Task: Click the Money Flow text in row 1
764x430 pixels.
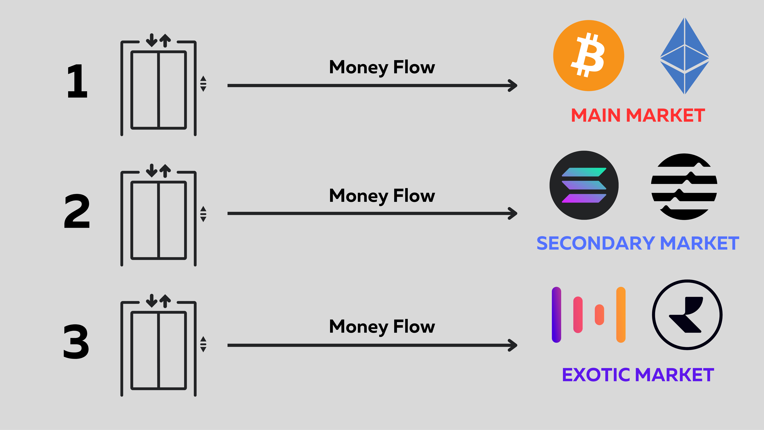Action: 382,67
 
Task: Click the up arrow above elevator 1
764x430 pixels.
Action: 165,40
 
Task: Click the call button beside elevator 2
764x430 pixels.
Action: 203,214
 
